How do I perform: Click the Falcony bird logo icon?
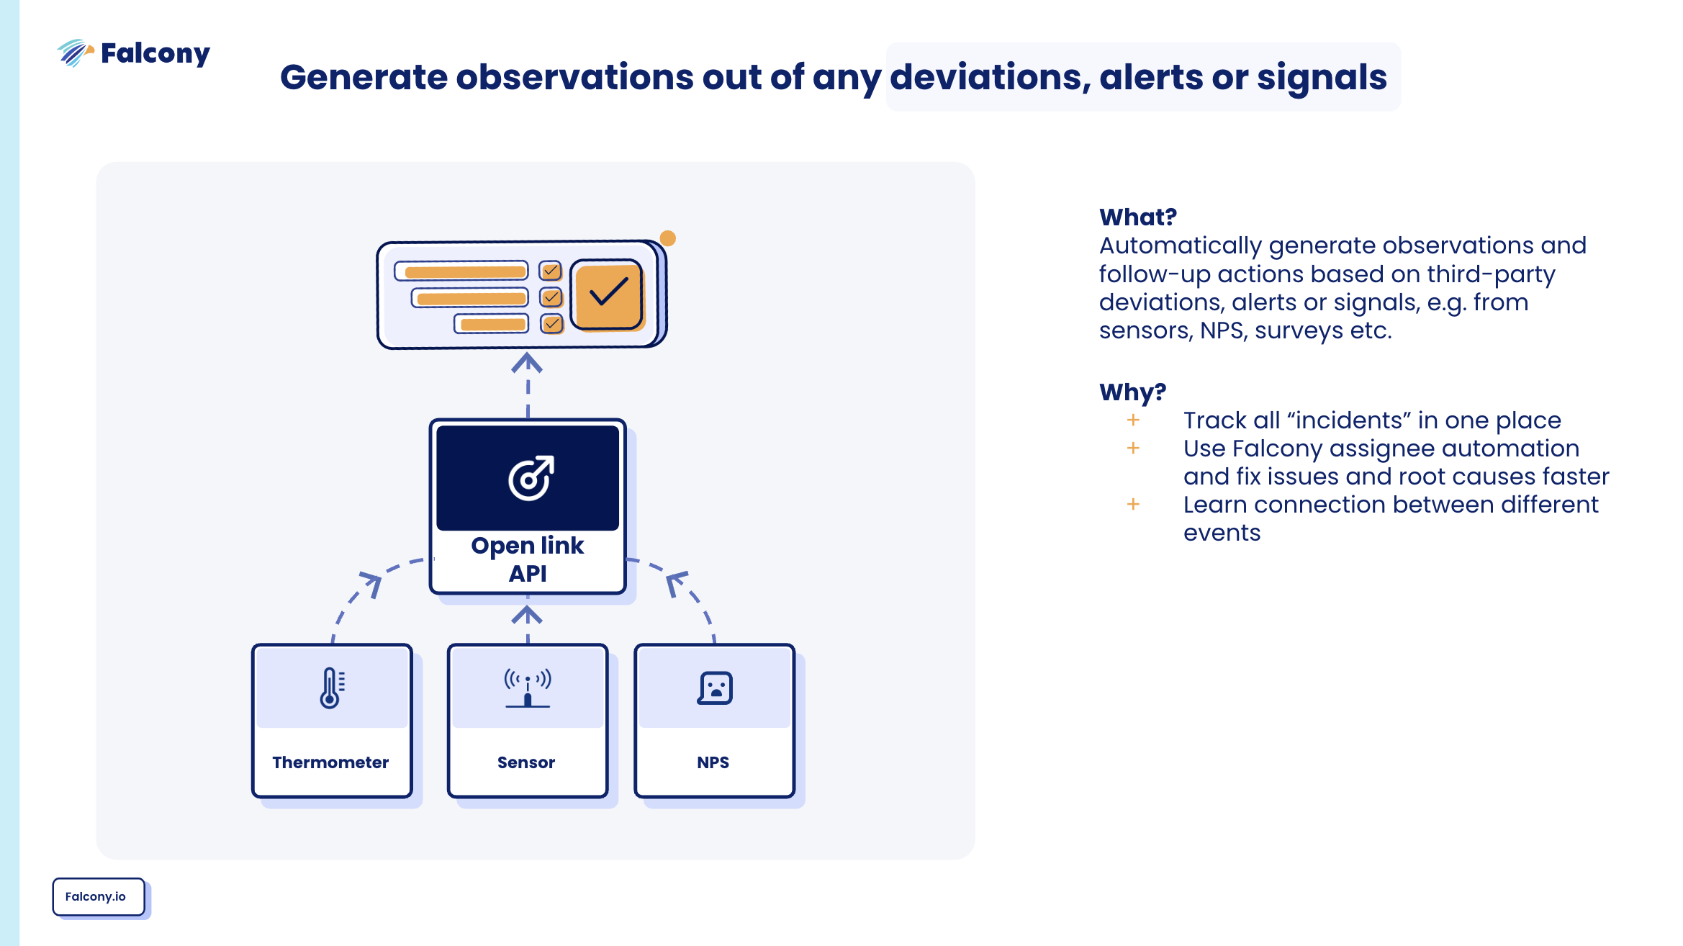(75, 53)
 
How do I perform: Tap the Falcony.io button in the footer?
(96, 896)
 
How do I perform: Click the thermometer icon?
(331, 688)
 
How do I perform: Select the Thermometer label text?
(330, 762)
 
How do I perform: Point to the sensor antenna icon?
(528, 688)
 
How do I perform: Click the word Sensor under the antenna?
(526, 762)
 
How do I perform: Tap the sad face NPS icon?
(715, 688)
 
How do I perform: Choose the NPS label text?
(713, 762)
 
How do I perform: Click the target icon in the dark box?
(531, 477)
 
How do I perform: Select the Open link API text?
(528, 559)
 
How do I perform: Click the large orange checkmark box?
(607, 294)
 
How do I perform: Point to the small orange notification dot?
(668, 238)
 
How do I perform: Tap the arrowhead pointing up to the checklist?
(527, 362)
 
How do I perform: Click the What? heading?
(1138, 217)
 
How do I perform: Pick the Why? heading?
(1132, 392)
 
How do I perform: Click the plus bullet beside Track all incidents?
(1133, 420)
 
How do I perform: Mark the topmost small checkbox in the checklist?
(551, 271)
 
